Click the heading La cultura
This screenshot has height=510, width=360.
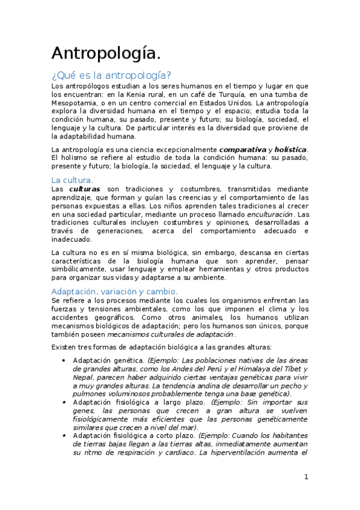pyautogui.click(x=72, y=180)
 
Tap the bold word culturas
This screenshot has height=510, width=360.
pyautogui.click(x=84, y=189)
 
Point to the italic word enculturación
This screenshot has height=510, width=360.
pyautogui.click(x=270, y=214)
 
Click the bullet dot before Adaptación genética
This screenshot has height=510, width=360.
pyautogui.click(x=64, y=360)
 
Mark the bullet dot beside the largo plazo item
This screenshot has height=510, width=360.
pyautogui.click(x=64, y=402)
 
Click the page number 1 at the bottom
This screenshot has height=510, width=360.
pyautogui.click(x=306, y=477)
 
